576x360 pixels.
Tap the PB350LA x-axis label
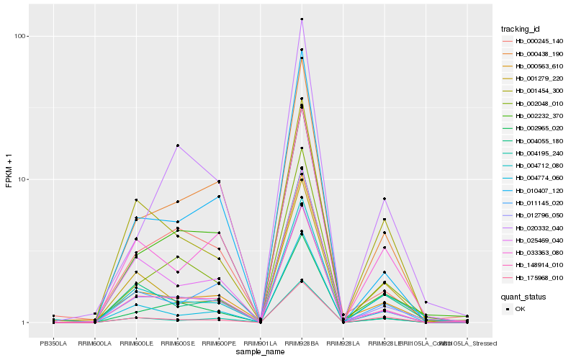(53, 343)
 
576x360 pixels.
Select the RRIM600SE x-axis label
(177, 343)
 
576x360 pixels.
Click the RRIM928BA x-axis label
(302, 343)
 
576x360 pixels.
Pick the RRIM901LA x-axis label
(260, 343)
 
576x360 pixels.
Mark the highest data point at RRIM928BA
(302, 19)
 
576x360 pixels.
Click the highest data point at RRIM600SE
(177, 145)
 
